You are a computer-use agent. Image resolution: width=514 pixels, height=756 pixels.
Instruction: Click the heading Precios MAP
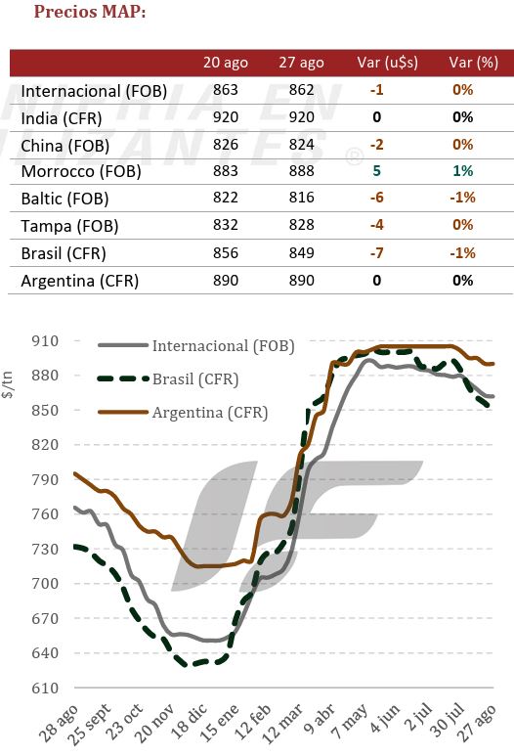pos(90,12)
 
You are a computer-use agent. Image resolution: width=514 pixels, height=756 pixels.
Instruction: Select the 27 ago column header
pos(301,63)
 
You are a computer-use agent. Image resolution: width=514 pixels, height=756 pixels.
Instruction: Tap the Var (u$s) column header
pos(387,63)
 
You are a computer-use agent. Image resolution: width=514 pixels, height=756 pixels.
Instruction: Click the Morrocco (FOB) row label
pos(81,172)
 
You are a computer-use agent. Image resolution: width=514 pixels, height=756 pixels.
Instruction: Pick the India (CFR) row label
pos(62,118)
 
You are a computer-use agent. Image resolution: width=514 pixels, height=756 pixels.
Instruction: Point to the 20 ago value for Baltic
pos(226,198)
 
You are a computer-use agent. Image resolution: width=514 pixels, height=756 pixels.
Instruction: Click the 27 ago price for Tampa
pos(302,225)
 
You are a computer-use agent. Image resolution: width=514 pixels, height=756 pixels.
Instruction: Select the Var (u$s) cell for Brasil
pos(377,252)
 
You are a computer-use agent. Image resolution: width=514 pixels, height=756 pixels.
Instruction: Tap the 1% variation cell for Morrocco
pos(462,171)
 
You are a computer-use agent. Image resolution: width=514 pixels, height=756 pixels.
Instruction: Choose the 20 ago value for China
pos(226,145)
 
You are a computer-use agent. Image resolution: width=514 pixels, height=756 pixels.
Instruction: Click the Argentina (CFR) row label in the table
pos(80,281)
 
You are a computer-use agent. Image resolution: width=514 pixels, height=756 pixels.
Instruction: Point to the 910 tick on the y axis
pos(45,341)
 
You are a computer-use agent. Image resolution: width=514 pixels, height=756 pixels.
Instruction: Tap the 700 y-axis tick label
pos(45,584)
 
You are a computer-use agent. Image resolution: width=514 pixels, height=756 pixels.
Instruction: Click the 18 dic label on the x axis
pos(190,722)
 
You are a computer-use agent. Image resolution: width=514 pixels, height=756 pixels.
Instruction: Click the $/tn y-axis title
pos(7,384)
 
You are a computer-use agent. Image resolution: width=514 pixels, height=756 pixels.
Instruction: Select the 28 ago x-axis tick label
pos(59,724)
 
